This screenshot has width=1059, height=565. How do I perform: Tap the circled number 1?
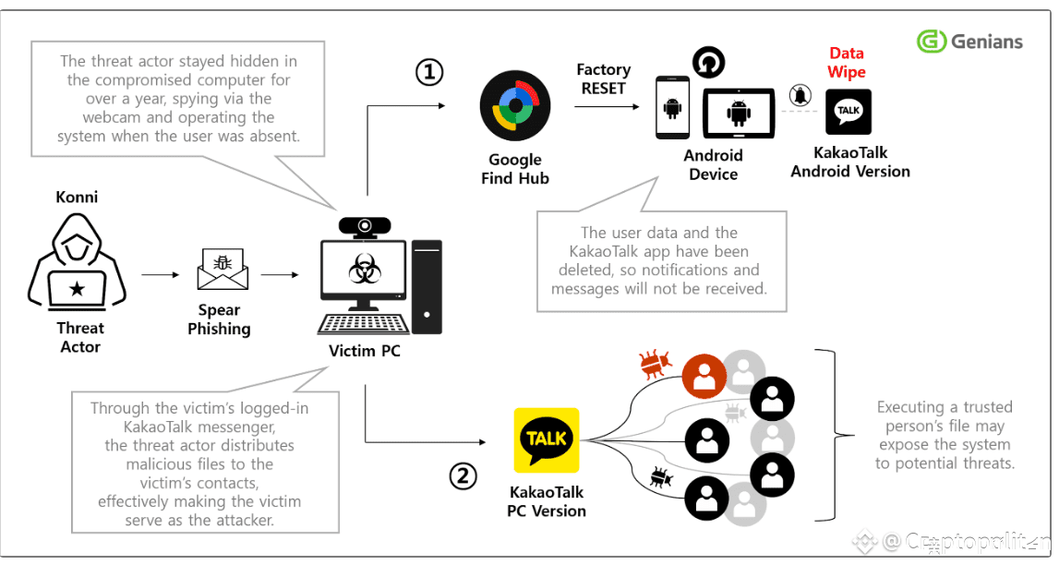(428, 72)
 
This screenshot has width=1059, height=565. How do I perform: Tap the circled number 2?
(463, 475)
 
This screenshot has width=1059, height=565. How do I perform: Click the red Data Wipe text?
(847, 63)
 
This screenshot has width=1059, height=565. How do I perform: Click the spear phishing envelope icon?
(223, 270)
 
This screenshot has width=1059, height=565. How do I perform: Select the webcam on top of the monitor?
(366, 226)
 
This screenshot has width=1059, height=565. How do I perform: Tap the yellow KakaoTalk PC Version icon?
(547, 440)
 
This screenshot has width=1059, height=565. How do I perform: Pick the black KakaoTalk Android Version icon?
(848, 112)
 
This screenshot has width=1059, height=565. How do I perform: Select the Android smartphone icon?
(673, 108)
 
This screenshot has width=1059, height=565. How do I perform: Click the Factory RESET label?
(603, 79)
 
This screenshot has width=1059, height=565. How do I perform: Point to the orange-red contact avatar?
(704, 376)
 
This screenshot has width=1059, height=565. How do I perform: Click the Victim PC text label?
(365, 351)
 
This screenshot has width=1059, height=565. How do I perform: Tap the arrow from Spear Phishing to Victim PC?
(280, 274)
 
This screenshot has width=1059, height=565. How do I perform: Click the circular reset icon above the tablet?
(708, 64)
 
